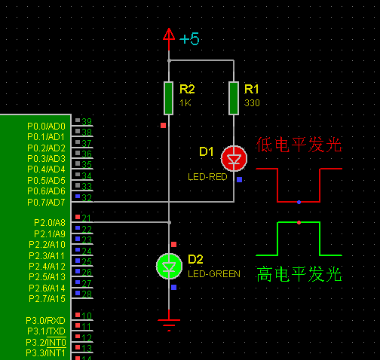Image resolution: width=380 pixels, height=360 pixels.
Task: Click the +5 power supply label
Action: tap(189, 38)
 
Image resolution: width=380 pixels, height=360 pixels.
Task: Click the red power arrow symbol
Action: tap(169, 35)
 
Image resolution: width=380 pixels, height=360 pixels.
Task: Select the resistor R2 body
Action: tap(169, 96)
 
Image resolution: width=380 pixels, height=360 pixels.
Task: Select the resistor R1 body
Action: tap(234, 96)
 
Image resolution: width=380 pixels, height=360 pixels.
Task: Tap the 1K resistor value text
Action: tap(185, 102)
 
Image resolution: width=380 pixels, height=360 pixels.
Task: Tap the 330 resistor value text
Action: tap(252, 102)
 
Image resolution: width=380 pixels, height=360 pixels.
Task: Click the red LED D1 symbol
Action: tap(234, 158)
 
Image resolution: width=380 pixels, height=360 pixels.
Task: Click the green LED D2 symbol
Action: tap(169, 266)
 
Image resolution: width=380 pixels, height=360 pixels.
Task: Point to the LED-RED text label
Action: tap(207, 177)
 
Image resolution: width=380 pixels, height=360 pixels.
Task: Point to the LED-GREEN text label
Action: tap(213, 274)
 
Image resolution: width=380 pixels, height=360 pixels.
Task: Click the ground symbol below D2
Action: tap(169, 323)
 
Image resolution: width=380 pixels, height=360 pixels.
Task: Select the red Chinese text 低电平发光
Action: tap(299, 145)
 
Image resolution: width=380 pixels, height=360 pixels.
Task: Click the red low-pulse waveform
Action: tap(299, 185)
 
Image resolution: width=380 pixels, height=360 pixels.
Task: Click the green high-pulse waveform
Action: tap(299, 238)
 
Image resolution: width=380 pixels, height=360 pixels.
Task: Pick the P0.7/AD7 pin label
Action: tap(47, 202)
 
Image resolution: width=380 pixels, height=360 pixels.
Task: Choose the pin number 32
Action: tap(87, 198)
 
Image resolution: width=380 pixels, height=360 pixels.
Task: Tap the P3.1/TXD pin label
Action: tap(47, 331)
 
